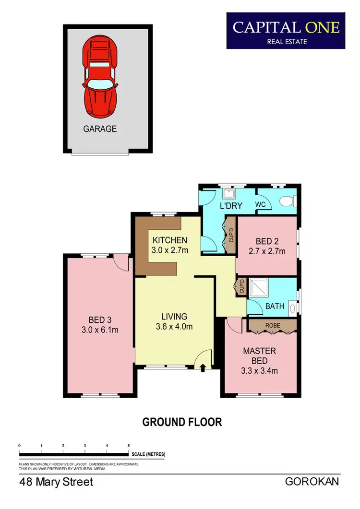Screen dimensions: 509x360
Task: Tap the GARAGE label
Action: [x=100, y=129]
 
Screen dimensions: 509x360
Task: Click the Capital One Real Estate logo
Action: [x=286, y=31]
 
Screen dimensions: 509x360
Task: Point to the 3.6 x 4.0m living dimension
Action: [x=174, y=327]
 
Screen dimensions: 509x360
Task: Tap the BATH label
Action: [x=275, y=306]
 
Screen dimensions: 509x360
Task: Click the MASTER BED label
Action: [x=260, y=355]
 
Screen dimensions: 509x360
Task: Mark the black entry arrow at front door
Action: [x=202, y=368]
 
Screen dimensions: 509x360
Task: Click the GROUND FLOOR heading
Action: [x=182, y=422]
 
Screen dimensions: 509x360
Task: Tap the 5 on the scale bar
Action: [x=129, y=446]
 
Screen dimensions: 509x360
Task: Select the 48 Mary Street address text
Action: [x=56, y=482]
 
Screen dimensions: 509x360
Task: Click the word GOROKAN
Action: [x=312, y=481]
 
